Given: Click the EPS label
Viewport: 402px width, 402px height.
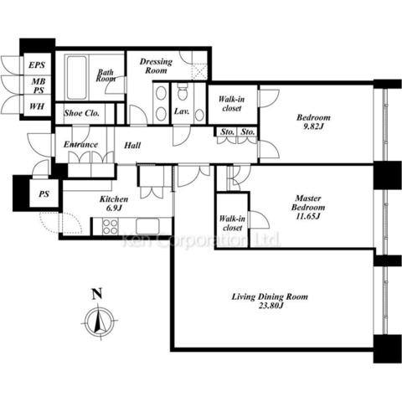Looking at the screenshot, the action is pos(37,65).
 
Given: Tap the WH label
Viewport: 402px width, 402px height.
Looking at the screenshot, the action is pos(37,106).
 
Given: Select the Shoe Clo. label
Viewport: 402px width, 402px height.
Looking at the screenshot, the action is pos(81,113).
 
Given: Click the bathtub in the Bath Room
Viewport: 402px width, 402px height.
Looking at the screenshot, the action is pos(77,78).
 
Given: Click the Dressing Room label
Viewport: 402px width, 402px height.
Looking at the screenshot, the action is pos(156,66).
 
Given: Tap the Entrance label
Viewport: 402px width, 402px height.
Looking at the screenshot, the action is pos(80,144).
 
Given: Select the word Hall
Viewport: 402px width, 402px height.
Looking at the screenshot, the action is pos(132,145).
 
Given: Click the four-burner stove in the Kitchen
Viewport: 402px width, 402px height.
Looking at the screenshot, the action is pos(110,227).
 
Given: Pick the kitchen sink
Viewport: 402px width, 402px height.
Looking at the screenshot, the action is pos(147,226).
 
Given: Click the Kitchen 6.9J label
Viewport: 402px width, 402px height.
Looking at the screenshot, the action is pos(114,204).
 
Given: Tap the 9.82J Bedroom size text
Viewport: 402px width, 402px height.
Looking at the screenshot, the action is pos(313,126).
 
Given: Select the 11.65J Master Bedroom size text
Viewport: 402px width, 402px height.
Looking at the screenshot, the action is pos(308,216).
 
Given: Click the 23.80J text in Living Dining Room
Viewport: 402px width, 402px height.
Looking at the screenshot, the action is pos(270,306).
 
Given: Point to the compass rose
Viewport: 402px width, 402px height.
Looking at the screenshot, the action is pos(100,321).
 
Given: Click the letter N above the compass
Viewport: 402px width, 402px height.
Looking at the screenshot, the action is pos(97,294).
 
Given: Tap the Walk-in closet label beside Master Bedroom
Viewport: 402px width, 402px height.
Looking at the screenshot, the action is pos(232,223).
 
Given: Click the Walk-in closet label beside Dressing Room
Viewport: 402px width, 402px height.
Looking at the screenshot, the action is pos(231,104).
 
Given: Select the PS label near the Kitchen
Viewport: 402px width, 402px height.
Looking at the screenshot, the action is pos(44,194).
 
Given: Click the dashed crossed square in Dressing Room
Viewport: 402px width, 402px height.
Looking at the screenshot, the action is pos(200,72).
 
